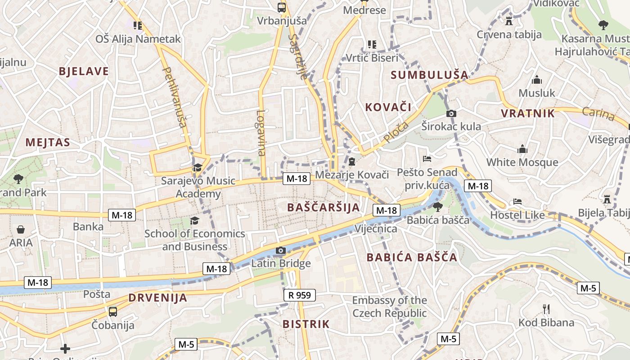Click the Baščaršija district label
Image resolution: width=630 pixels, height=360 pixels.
tap(323, 207)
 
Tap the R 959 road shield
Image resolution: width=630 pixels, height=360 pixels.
tap(299, 295)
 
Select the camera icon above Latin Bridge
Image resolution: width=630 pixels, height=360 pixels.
tap(281, 250)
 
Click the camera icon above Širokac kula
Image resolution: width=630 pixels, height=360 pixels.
tap(451, 114)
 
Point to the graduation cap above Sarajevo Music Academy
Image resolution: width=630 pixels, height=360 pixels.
tap(198, 168)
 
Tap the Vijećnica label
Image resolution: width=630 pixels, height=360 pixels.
tap(376, 229)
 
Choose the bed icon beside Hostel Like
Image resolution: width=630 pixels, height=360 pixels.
tap(517, 202)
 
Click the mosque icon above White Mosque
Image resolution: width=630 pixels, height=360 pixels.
tap(522, 149)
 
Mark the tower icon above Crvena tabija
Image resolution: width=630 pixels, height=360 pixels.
tap(509, 21)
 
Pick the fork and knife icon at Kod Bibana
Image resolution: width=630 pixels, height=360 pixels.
tap(546, 309)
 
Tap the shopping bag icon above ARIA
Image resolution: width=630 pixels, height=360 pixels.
tap(21, 229)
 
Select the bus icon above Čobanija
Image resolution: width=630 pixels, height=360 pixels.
tap(113, 311)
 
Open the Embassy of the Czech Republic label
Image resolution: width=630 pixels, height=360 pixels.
tap(389, 306)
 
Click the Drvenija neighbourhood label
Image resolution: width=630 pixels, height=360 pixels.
tap(157, 297)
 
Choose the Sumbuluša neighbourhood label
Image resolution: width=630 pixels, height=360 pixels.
tap(429, 75)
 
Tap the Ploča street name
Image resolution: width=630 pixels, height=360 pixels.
tap(396, 131)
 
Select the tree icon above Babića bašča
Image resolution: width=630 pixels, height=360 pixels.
tap(437, 207)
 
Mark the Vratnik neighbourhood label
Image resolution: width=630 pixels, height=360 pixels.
tap(528, 113)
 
